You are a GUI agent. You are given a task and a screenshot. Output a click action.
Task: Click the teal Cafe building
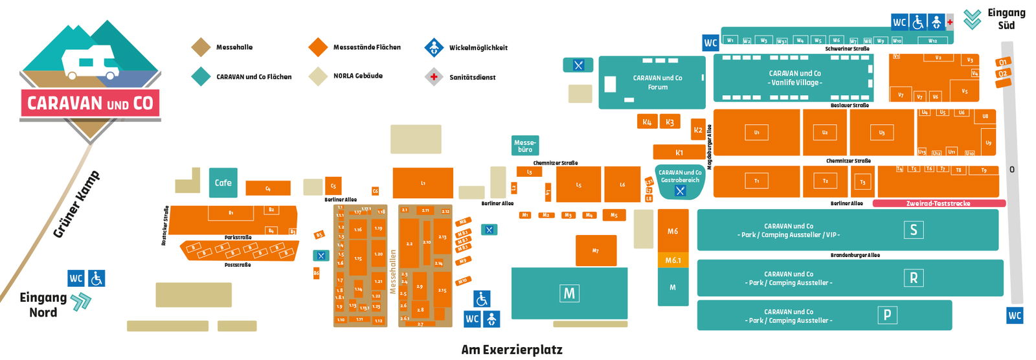click(223, 183)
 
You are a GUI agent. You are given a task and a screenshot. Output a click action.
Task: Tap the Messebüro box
click(524, 146)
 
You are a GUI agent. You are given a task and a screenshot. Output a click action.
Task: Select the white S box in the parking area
click(914, 229)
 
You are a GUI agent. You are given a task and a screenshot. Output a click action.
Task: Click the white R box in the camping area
click(914, 278)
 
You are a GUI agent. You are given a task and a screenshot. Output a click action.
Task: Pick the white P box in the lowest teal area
click(887, 315)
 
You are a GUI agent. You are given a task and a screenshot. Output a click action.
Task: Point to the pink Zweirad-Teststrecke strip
click(939, 203)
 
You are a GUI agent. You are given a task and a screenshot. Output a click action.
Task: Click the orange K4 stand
click(647, 122)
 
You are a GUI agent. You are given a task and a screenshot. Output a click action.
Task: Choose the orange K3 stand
click(670, 122)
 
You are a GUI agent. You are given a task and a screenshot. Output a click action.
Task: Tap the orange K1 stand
click(679, 152)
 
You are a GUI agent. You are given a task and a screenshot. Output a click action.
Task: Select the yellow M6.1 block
click(673, 260)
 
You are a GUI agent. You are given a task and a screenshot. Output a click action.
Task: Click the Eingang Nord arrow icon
click(81, 302)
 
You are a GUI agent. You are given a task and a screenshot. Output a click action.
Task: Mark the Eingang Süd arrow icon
click(972, 19)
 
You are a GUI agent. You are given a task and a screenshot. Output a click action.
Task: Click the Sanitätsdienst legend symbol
click(434, 77)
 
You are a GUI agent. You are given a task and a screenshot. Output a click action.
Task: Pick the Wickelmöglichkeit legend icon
click(434, 47)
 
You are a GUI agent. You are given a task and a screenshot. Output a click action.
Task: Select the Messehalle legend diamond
click(201, 47)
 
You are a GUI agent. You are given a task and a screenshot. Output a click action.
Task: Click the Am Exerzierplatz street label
click(512, 350)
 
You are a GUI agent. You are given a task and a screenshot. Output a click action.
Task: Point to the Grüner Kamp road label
click(76, 204)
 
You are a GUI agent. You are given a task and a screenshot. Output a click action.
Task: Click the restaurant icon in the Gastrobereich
click(680, 190)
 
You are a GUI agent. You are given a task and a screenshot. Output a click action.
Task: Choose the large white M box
click(569, 293)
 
